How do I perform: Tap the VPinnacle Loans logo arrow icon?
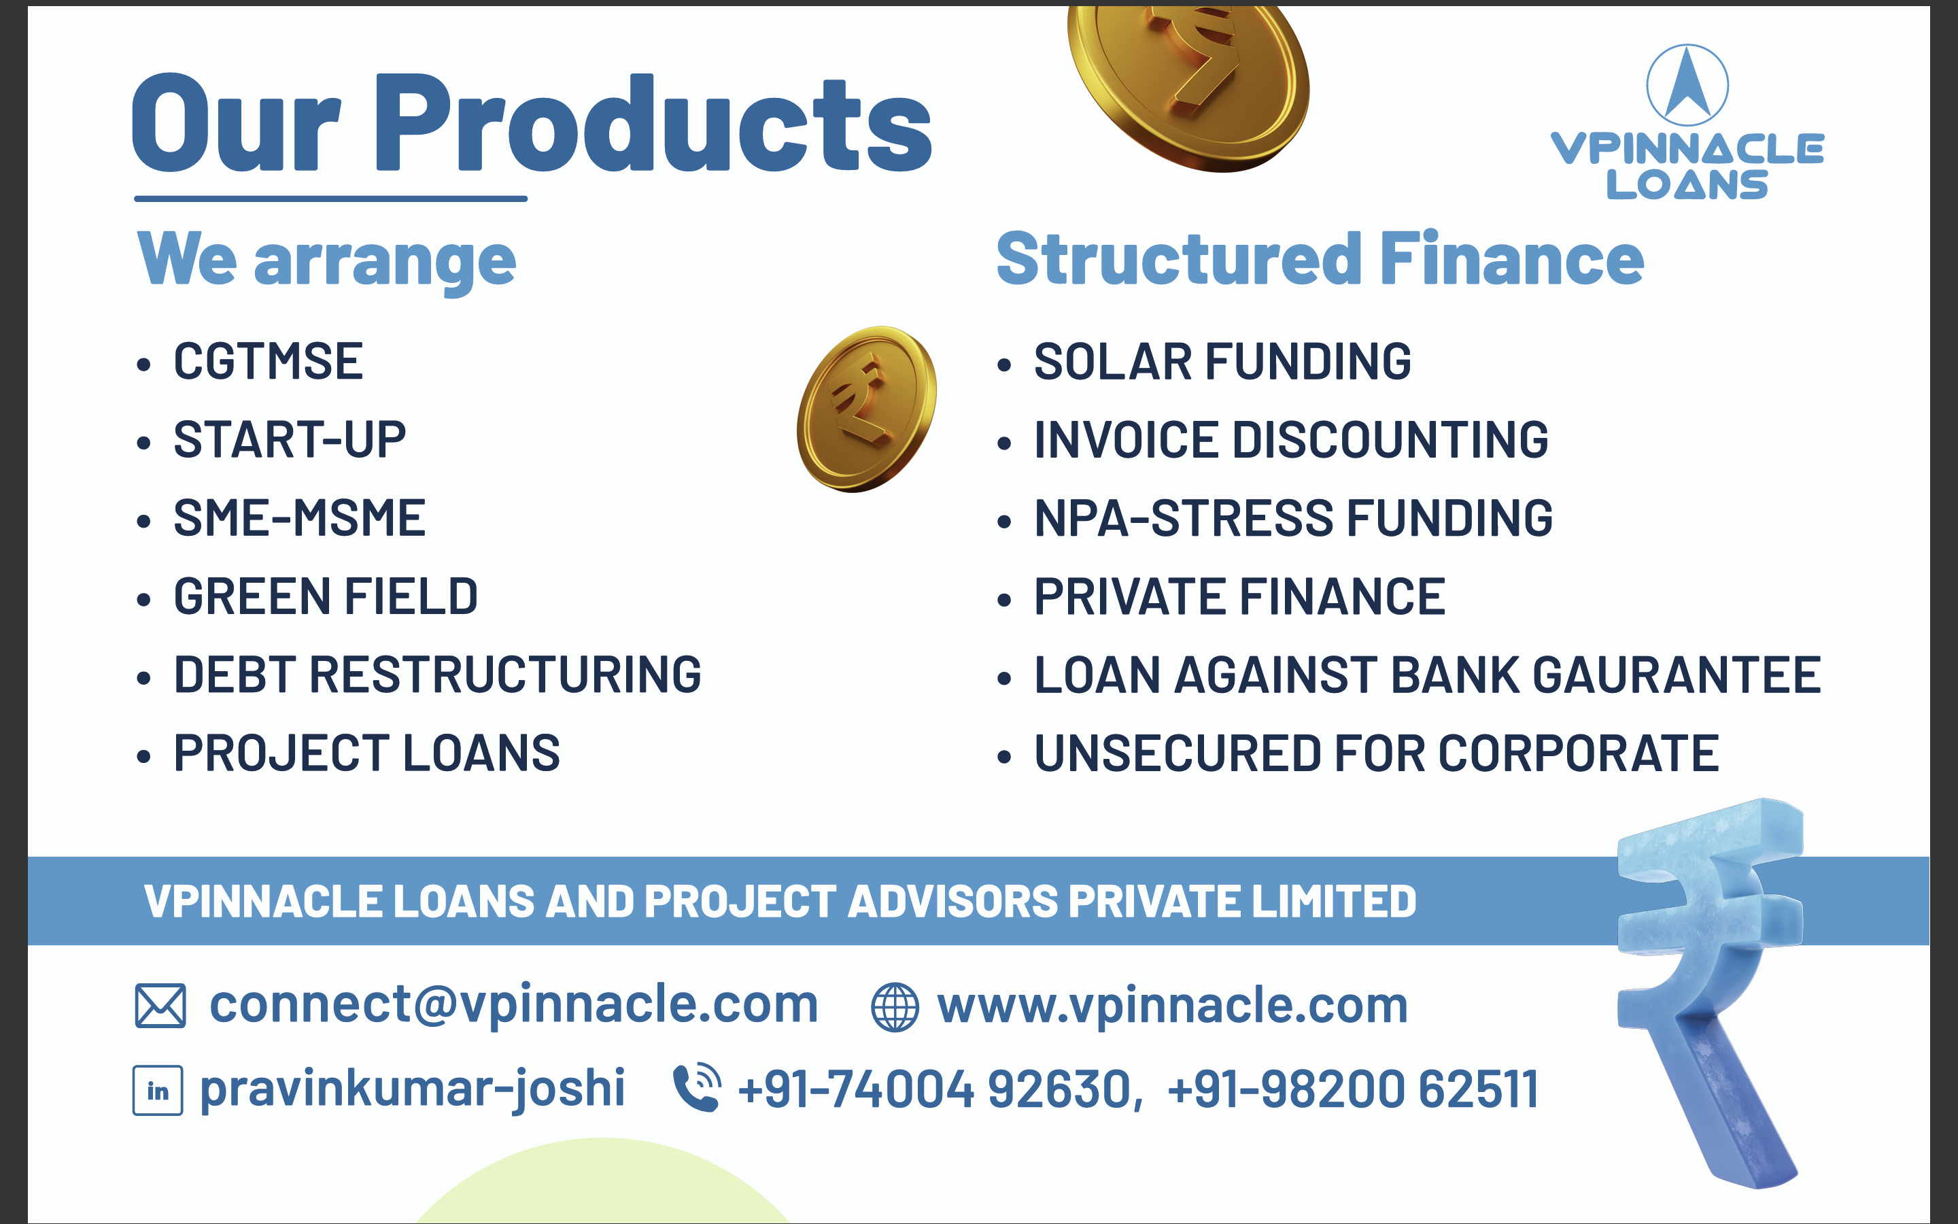tap(1688, 85)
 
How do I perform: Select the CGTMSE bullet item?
tap(269, 361)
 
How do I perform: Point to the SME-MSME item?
tap(299, 518)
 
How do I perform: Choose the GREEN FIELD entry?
tap(326, 596)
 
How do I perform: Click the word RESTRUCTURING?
tap(506, 675)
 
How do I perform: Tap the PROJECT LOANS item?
tap(366, 753)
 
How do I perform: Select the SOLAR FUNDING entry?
tap(1222, 361)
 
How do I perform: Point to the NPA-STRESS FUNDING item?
tap(1294, 518)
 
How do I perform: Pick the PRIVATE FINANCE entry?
tap(1239, 596)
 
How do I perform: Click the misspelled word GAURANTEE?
tap(1677, 675)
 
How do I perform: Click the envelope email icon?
tap(160, 1006)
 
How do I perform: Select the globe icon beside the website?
tap(895, 1007)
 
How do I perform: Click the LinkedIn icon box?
tap(158, 1091)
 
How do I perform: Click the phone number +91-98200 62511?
tap(1353, 1089)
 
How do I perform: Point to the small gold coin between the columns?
tap(867, 409)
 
